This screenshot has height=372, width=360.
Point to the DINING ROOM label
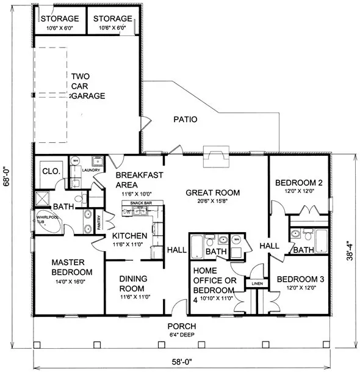131,283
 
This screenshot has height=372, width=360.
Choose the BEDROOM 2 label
298,183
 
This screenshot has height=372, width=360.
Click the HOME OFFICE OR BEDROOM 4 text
214,285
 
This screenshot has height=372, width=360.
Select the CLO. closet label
50,172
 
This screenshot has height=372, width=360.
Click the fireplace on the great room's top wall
216,156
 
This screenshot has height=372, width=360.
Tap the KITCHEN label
129,236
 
